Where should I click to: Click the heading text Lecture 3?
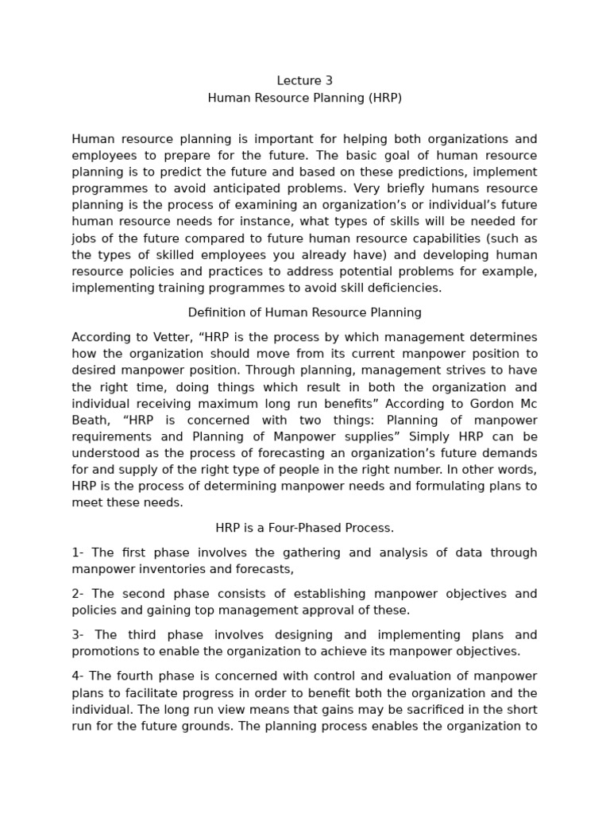click(x=305, y=80)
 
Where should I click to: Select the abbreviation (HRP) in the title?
click(x=384, y=98)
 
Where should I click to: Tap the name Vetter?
click(x=168, y=337)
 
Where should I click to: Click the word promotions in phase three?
click(x=106, y=651)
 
